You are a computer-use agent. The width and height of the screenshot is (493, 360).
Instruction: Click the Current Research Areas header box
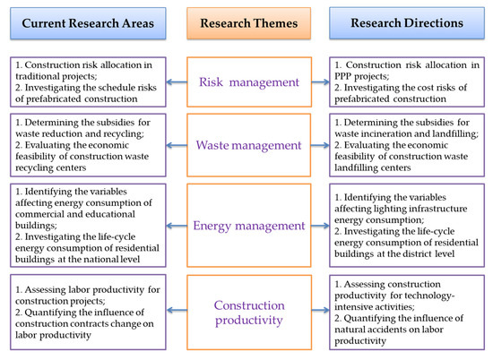click(88, 23)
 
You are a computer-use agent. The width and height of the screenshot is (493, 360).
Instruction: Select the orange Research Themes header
click(248, 23)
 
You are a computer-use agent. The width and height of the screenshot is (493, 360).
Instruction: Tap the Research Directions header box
click(407, 23)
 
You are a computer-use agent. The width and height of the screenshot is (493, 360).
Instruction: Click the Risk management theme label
click(249, 82)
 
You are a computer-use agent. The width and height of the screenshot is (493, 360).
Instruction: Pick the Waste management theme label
click(248, 145)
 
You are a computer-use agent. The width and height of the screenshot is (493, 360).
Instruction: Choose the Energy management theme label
click(248, 226)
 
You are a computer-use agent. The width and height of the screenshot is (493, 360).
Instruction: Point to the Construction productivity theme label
click(249, 313)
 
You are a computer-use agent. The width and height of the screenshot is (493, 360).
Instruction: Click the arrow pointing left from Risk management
click(177, 82)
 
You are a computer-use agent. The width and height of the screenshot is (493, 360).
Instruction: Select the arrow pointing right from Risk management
click(320, 82)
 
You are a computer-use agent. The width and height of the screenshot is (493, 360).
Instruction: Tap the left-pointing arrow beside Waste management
click(177, 145)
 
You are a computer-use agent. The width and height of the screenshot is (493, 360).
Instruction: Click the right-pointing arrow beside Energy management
click(320, 226)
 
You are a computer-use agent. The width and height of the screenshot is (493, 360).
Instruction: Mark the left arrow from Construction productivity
click(177, 311)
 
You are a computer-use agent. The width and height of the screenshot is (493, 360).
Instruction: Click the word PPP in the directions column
click(342, 76)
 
